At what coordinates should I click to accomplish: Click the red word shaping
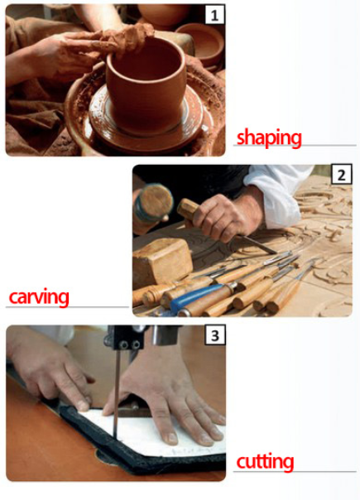click(x=269, y=137)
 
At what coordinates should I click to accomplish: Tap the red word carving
click(x=39, y=297)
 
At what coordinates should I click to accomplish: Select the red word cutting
click(x=265, y=462)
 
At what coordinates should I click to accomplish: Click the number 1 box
click(x=214, y=15)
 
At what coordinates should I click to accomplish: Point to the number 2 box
click(x=342, y=175)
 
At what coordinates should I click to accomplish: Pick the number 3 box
click(x=215, y=335)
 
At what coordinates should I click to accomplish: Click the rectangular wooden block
click(x=162, y=261)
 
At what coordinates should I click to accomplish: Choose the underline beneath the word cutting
click(x=295, y=471)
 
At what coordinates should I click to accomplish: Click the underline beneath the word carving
click(x=67, y=307)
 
